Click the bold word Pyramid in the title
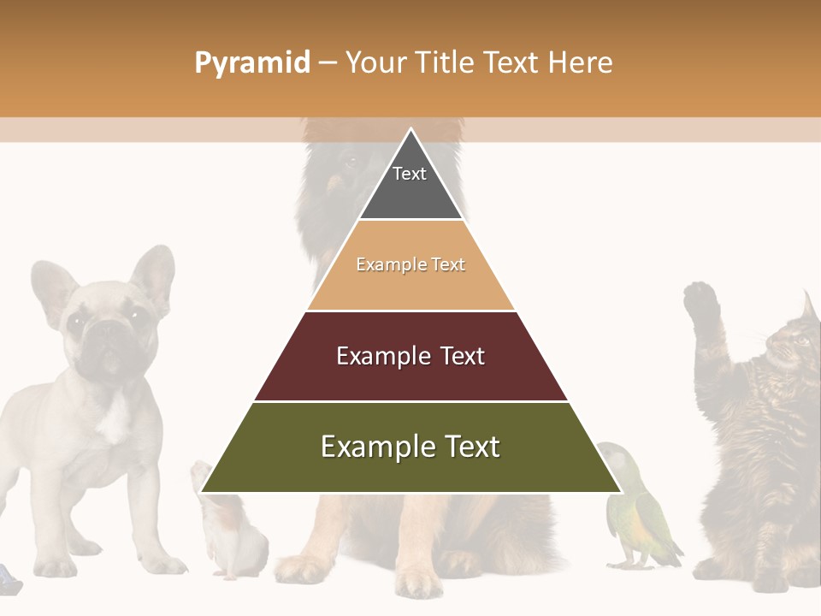(252, 63)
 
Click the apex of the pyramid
(411, 130)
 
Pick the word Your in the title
(375, 63)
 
